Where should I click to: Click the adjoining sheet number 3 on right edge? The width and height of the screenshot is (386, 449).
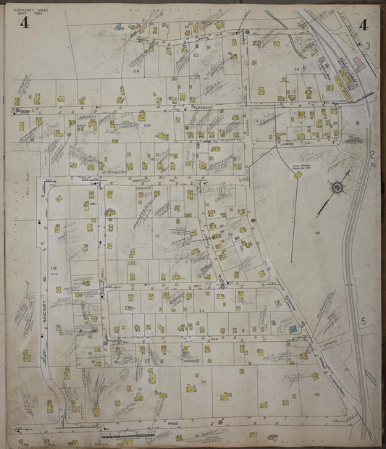(369, 46)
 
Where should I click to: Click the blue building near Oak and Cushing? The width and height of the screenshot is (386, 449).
(293, 329)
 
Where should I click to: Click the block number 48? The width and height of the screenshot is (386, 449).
(316, 232)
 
